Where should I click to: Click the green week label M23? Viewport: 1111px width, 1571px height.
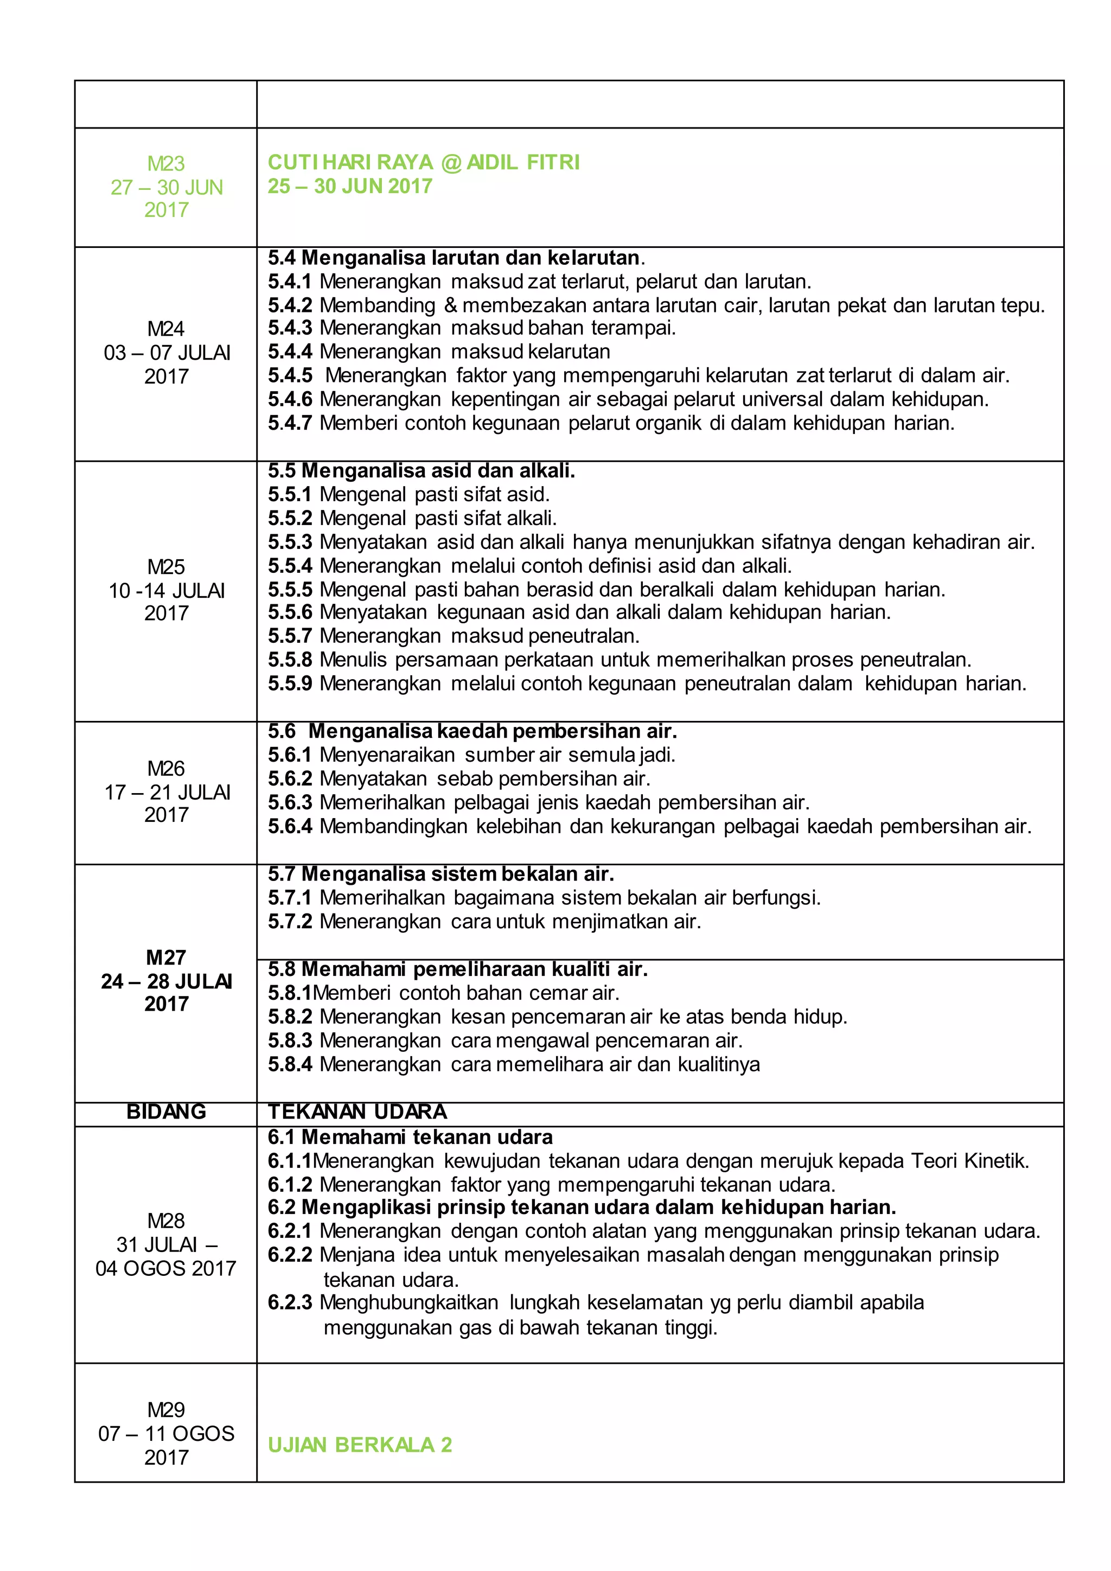[x=165, y=163]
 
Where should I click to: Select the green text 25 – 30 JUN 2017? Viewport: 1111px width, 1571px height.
[x=349, y=186]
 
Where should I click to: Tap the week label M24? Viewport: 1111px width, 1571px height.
[x=165, y=329]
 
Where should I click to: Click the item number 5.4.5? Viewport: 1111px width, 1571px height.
[x=290, y=375]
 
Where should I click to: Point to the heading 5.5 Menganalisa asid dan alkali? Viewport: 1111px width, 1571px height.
[x=422, y=471]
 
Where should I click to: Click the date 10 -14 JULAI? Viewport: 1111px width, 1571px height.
[x=166, y=591]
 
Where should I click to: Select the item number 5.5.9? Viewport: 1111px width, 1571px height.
[x=290, y=684]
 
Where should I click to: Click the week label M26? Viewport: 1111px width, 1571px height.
[x=165, y=768]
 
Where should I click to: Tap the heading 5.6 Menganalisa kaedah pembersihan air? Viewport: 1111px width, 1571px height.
[x=472, y=731]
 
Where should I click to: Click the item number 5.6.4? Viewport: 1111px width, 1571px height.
[x=290, y=827]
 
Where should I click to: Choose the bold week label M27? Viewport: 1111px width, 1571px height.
[x=165, y=957]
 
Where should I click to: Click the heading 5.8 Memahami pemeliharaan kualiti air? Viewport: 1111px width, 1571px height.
[x=458, y=969]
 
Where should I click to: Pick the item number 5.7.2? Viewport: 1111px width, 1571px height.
[x=290, y=922]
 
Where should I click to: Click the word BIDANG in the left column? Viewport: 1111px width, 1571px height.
[x=166, y=1112]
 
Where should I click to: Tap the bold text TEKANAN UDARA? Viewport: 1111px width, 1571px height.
[x=357, y=1112]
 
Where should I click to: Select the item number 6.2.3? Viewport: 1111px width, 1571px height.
[x=290, y=1303]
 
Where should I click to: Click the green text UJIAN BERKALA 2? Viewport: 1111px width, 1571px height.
[x=360, y=1445]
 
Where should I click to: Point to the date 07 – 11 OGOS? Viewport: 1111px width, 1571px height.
[x=166, y=1433]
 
